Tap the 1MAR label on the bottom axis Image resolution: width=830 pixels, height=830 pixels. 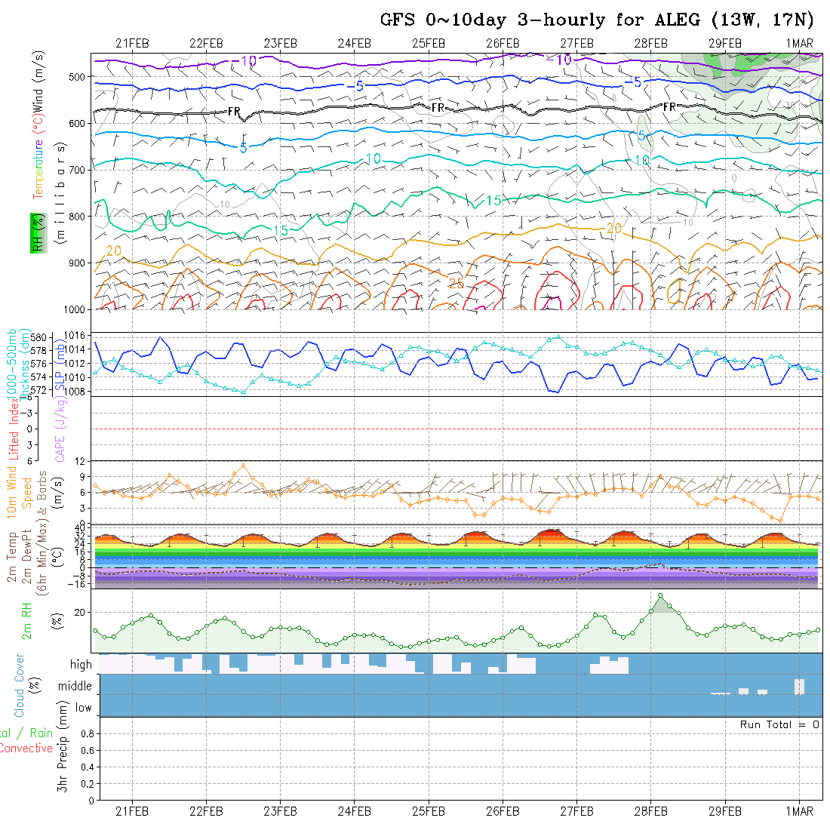(798, 811)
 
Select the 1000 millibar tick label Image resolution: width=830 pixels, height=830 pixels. (75, 310)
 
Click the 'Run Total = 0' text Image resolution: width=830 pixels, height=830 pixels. (779, 724)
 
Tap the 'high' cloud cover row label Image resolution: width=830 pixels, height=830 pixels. (81, 665)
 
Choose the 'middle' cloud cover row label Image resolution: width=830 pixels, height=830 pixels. (75, 687)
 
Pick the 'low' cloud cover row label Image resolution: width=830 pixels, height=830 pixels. (83, 708)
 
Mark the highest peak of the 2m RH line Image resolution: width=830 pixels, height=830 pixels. (661, 595)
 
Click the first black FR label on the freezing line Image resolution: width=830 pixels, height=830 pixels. (234, 112)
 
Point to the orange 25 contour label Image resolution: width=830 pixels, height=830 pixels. (456, 283)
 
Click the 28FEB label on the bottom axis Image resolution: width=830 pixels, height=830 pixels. (650, 811)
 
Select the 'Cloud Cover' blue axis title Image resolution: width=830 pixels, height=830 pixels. (19, 685)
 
